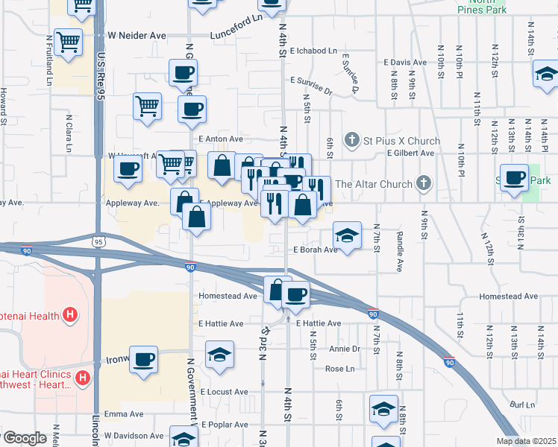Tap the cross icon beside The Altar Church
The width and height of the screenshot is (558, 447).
coord(424,183)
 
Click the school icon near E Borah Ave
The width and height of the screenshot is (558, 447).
coord(347,235)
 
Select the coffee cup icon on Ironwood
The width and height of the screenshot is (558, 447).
coord(143,359)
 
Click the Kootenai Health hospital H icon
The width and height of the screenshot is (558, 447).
coord(70,316)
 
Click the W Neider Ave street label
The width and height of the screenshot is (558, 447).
coord(136,35)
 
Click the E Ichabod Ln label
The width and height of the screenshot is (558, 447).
coord(314,51)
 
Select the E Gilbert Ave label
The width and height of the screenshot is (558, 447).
coord(410,153)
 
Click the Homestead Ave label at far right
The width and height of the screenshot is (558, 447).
coord(508,296)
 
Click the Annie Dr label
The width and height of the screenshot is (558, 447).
coord(345,349)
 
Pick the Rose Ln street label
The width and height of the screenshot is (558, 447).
coord(339,369)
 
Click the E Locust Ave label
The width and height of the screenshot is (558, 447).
coord(223,391)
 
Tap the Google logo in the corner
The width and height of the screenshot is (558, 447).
coord(24,438)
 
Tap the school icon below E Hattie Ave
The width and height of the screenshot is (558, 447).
coord(219,355)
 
